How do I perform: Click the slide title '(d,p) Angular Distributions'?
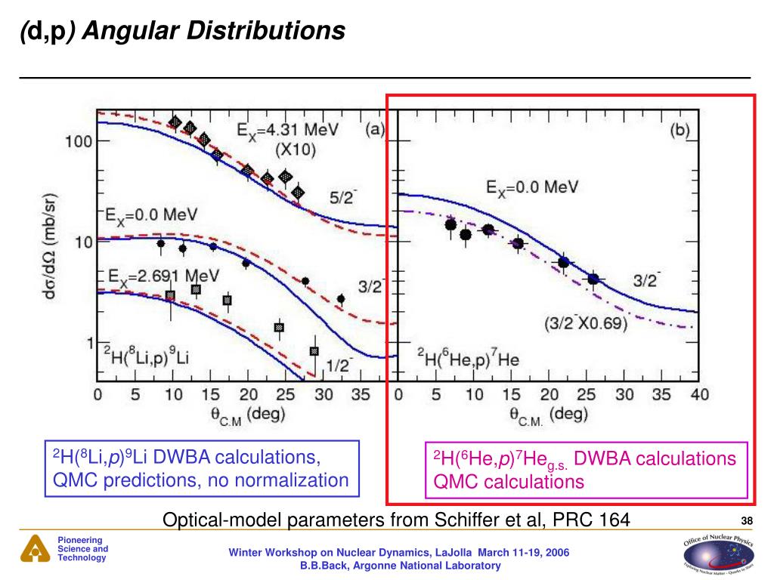click(182, 31)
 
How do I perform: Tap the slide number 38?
click(748, 520)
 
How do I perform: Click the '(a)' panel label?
click(373, 129)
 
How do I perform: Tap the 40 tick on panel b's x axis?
click(698, 394)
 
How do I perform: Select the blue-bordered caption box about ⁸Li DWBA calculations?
click(201, 469)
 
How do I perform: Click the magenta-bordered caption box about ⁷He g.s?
click(585, 470)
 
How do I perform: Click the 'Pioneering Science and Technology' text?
click(82, 549)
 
